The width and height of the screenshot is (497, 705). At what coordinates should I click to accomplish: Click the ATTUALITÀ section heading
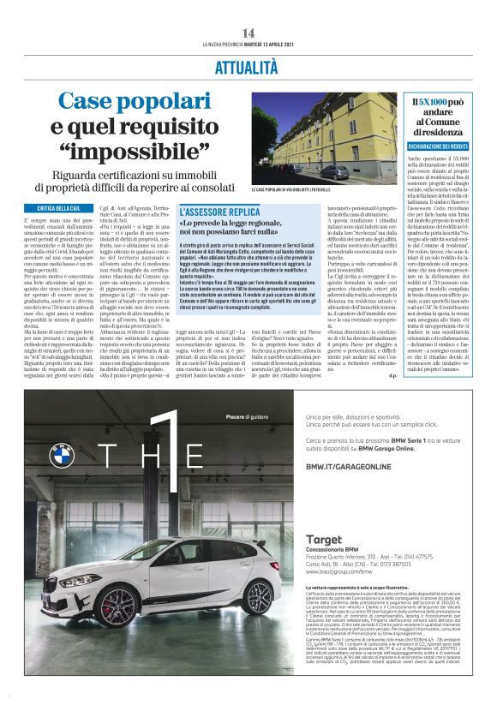248,66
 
